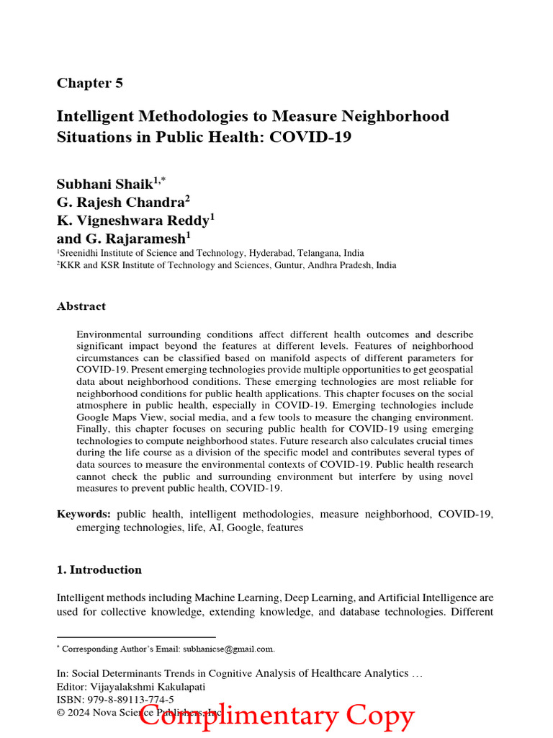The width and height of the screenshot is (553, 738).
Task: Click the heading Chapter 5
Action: (90, 83)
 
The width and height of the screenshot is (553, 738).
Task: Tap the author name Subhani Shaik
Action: (104, 184)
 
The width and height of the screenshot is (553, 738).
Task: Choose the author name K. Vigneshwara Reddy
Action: (132, 220)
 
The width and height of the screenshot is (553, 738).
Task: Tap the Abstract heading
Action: (81, 306)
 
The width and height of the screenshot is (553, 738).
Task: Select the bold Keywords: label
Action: (84, 514)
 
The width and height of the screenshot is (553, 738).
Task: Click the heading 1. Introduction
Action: (99, 570)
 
